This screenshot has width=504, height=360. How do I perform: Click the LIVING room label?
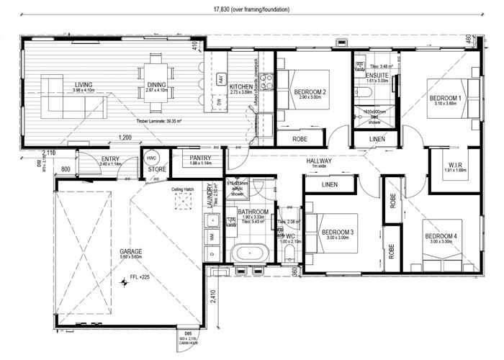pyautogui.click(x=84, y=85)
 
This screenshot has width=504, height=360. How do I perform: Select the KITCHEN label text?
pyautogui.click(x=221, y=86)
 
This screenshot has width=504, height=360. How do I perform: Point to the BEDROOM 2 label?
pyautogui.click(x=310, y=91)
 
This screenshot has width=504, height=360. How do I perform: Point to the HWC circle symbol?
pyautogui.click(x=151, y=157)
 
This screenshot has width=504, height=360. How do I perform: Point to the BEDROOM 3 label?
pyautogui.click(x=337, y=232)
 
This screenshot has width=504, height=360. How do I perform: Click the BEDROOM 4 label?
pyautogui.click(x=438, y=236)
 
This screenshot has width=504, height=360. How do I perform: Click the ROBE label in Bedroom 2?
pyautogui.click(x=300, y=139)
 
